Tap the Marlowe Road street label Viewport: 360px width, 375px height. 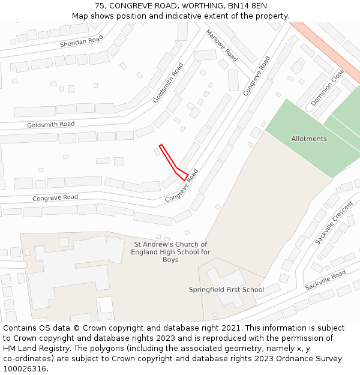pos(222,45)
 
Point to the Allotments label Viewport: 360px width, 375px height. pos(309,139)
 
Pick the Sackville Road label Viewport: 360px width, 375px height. pos(325,280)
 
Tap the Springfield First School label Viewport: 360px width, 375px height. pos(226,290)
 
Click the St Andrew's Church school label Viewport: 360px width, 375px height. pos(170,252)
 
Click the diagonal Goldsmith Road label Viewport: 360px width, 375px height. pos(168,82)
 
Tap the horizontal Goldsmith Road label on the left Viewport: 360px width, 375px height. pos(51,124)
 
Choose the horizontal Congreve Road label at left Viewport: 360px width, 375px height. pos(55,197)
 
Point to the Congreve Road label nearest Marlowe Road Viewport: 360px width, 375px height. pos(257,76)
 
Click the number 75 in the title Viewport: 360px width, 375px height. pos(100,6)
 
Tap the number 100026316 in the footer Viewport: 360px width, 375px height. pos(25,368)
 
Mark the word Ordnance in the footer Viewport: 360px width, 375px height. pos(282,359)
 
